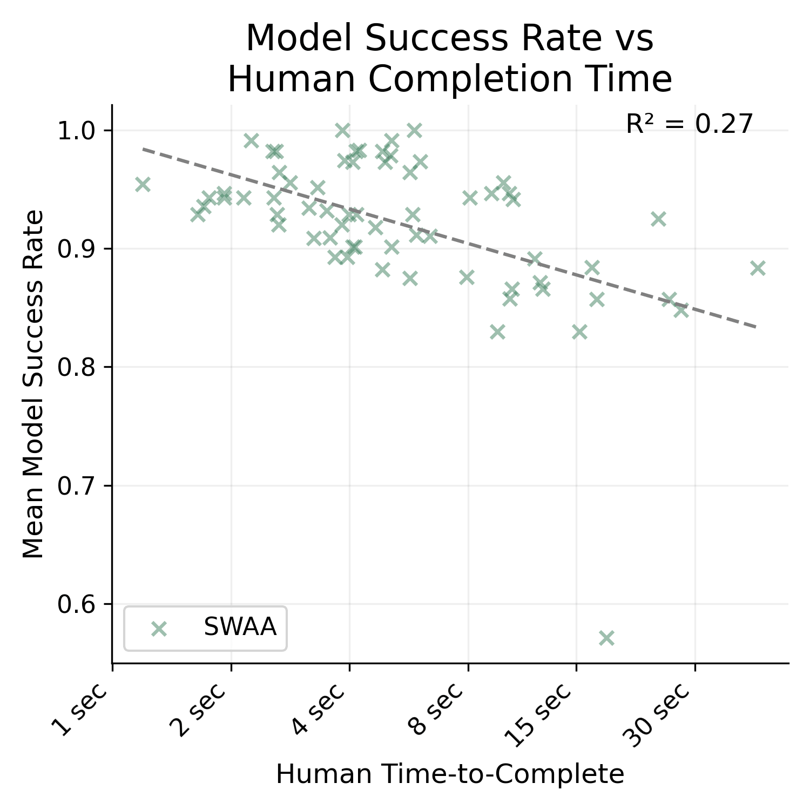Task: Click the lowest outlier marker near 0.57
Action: click(606, 638)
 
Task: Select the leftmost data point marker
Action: click(143, 185)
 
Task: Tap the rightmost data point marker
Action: click(758, 268)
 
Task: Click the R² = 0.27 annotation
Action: click(689, 124)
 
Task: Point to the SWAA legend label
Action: click(240, 627)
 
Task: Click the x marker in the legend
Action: click(159, 629)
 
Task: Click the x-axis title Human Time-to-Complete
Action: click(450, 774)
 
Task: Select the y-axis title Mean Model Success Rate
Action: click(33, 384)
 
